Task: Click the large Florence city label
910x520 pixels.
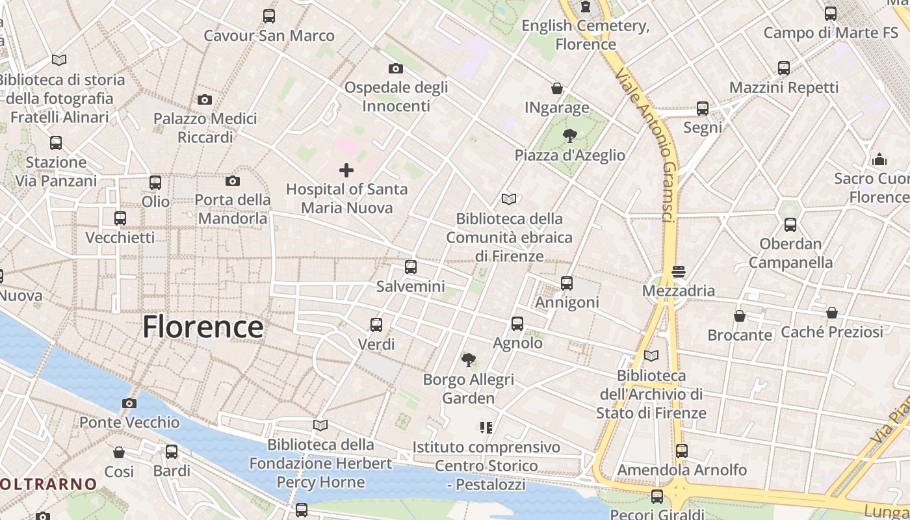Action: pos(203,326)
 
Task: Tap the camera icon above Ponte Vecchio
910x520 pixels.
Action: pos(129,403)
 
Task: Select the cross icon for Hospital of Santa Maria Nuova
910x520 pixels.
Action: pos(346,170)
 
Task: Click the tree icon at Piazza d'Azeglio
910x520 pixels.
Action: pos(569,136)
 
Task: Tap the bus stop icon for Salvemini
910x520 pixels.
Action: pos(411,267)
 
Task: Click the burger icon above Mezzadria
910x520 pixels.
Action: pos(679,271)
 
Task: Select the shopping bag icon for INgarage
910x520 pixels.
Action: pos(557,88)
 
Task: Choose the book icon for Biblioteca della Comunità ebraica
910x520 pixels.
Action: pos(508,199)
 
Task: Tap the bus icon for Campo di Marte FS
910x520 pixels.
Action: pos(830,13)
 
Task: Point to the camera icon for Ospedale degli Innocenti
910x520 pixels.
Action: pos(395,68)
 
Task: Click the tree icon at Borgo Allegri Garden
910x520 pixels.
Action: pos(468,359)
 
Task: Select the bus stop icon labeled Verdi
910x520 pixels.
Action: pos(376,324)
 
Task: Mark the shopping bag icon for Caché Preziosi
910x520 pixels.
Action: pos(831,313)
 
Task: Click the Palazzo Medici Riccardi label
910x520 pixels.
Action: pos(205,128)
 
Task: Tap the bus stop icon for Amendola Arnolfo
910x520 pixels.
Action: pos(681,450)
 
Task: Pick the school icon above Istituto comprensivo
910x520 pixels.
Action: pos(486,428)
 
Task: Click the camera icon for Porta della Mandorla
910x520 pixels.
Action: pos(233,181)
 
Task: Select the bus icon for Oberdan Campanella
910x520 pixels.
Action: pos(790,225)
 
